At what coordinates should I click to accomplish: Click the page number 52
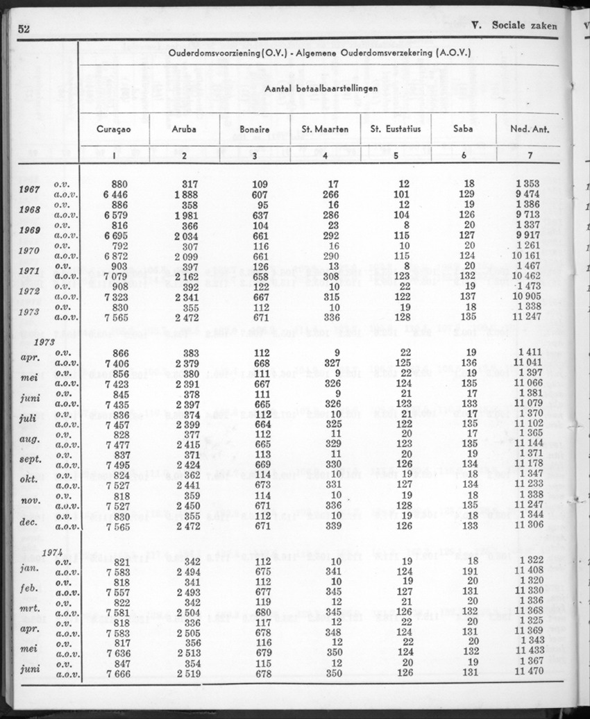26,27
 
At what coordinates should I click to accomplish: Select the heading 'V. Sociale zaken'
514,26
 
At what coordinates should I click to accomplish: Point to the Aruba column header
184,130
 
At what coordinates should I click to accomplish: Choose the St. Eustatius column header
396,130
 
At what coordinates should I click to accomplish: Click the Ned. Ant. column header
528,130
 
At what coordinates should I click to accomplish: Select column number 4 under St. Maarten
325,155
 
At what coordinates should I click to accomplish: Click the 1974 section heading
53,552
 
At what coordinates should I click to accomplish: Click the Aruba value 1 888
185,194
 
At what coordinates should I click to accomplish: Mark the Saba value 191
469,571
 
